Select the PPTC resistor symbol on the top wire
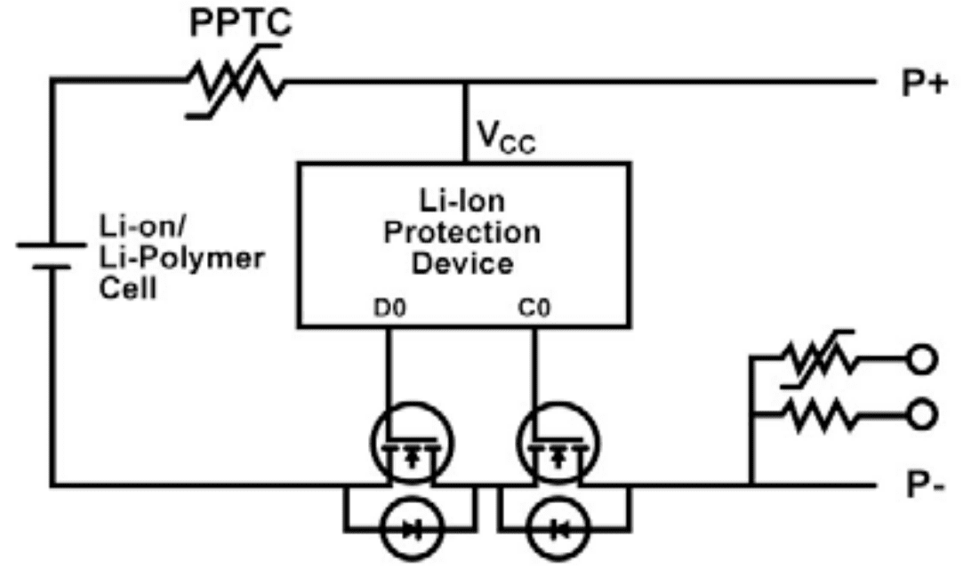(x=236, y=84)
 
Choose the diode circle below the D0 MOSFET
(x=410, y=530)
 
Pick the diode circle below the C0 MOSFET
(x=558, y=530)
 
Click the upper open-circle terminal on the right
(x=921, y=358)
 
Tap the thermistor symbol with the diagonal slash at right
(x=817, y=358)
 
